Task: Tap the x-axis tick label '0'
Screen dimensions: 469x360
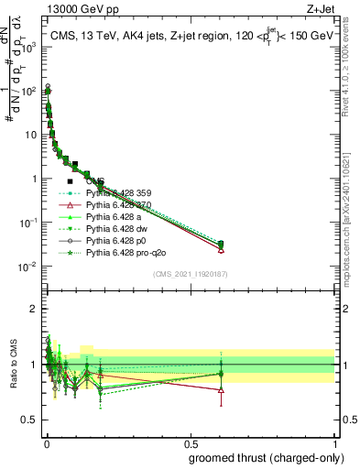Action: click(46, 443)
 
